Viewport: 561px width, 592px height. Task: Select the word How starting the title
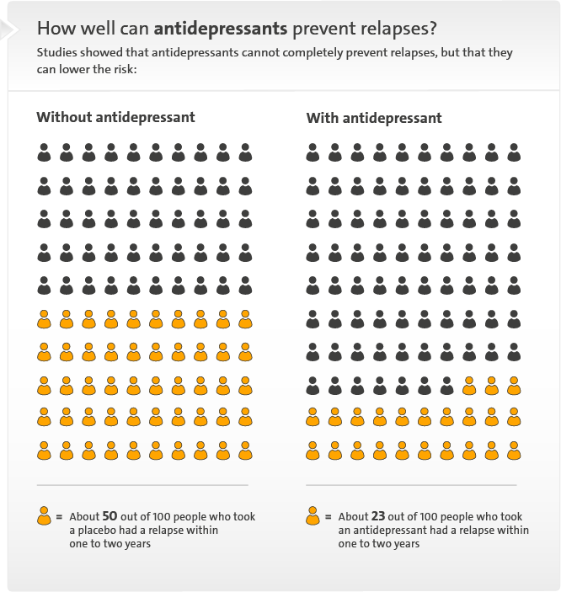(x=52, y=28)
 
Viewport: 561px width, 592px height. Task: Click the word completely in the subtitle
(x=267, y=52)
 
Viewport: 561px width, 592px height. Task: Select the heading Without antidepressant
(x=115, y=117)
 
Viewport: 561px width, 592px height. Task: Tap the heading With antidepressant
(x=373, y=117)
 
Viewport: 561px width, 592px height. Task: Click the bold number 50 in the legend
(x=110, y=516)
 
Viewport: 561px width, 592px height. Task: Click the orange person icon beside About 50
(x=44, y=515)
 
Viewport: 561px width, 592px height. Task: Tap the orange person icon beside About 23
(x=313, y=515)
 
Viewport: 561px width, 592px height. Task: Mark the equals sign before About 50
(x=59, y=516)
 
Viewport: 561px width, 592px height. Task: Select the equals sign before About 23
(x=329, y=516)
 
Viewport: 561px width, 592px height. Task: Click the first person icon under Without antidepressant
(x=44, y=152)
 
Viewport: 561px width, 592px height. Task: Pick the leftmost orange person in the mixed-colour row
(x=469, y=385)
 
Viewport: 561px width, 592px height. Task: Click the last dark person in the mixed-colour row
(x=446, y=385)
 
